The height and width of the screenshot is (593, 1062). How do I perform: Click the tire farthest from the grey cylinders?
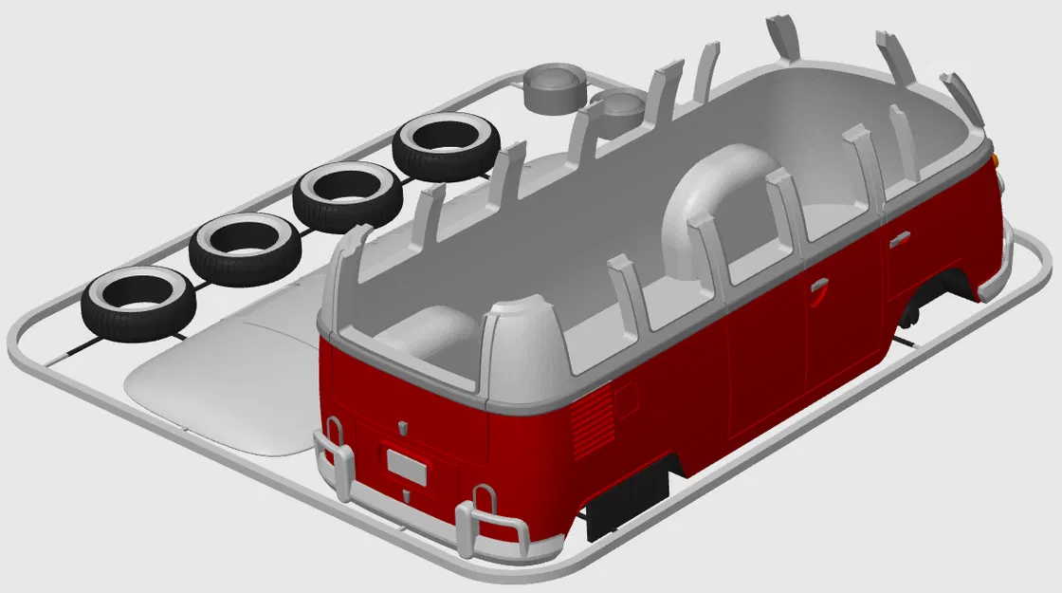point(137,302)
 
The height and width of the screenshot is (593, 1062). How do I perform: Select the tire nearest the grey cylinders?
point(446,145)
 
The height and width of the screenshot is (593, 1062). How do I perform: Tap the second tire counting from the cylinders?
point(346,195)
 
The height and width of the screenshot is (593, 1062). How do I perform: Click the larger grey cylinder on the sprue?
point(554,87)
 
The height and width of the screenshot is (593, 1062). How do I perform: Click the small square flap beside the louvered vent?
point(626,398)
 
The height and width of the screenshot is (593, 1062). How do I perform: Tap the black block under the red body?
point(628,498)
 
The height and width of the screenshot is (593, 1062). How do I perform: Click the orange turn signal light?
point(997,158)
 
